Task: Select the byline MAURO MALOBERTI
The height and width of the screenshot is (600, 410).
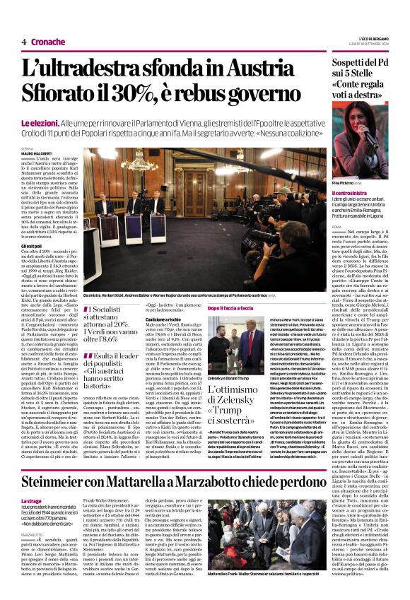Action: pos(37,153)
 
